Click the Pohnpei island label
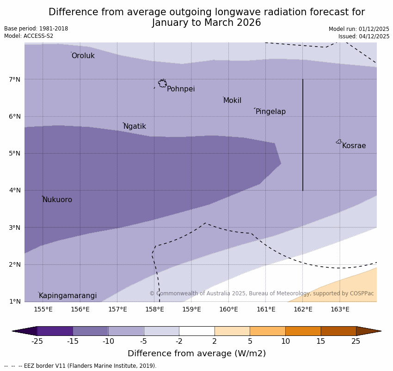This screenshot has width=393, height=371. coord(181,89)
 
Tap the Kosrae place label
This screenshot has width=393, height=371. coord(354,146)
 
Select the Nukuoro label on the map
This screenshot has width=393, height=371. coord(57,200)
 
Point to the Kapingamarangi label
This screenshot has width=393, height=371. coord(68,296)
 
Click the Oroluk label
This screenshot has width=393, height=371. coord(83,56)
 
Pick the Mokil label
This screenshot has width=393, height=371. coord(232,101)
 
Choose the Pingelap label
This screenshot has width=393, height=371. coord(270,112)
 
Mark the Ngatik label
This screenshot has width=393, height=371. coord(135,126)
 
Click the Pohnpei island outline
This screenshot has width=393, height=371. coord(162,84)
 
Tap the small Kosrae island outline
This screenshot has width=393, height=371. coord(339,142)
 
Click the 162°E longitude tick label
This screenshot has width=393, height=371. coord(303,309)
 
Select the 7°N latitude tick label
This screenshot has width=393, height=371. coord(15,79)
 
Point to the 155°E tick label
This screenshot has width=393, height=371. coord(43,309)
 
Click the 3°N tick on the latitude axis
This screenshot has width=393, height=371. coord(15,227)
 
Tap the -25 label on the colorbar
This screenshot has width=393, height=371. coord(37,341)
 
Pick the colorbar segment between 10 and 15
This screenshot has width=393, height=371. coord(303,331)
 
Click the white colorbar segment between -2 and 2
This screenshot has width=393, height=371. coord(196,331)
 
